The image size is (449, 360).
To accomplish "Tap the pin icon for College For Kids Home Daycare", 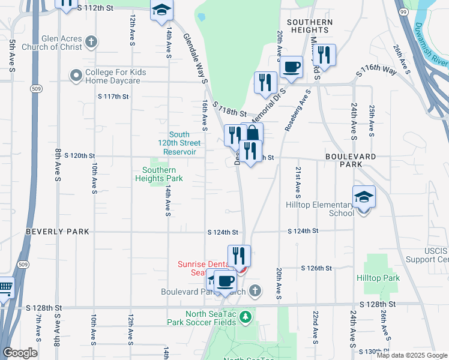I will pyautogui.click(x=76, y=76).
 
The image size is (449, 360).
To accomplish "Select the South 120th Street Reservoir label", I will pyautogui.click(x=179, y=143).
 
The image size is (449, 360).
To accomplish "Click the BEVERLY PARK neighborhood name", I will pyautogui.click(x=58, y=232).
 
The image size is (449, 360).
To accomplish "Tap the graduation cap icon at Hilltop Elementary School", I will pyautogui.click(x=363, y=196).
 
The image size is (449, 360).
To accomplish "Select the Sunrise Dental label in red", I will pyautogui.click(x=202, y=268).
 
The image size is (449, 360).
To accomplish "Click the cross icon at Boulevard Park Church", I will pyautogui.click(x=255, y=291).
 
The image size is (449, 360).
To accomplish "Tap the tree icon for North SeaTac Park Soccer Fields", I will pyautogui.click(x=245, y=316).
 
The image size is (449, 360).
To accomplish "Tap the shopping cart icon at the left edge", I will pyautogui.click(x=5, y=290).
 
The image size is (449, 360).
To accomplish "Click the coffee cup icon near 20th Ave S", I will pyautogui.click(x=291, y=67).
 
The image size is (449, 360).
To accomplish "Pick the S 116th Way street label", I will pyautogui.click(x=376, y=71).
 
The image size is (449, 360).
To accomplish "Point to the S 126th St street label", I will pyautogui.click(x=316, y=268).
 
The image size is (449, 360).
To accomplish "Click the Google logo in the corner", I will pyautogui.click(x=20, y=353).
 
